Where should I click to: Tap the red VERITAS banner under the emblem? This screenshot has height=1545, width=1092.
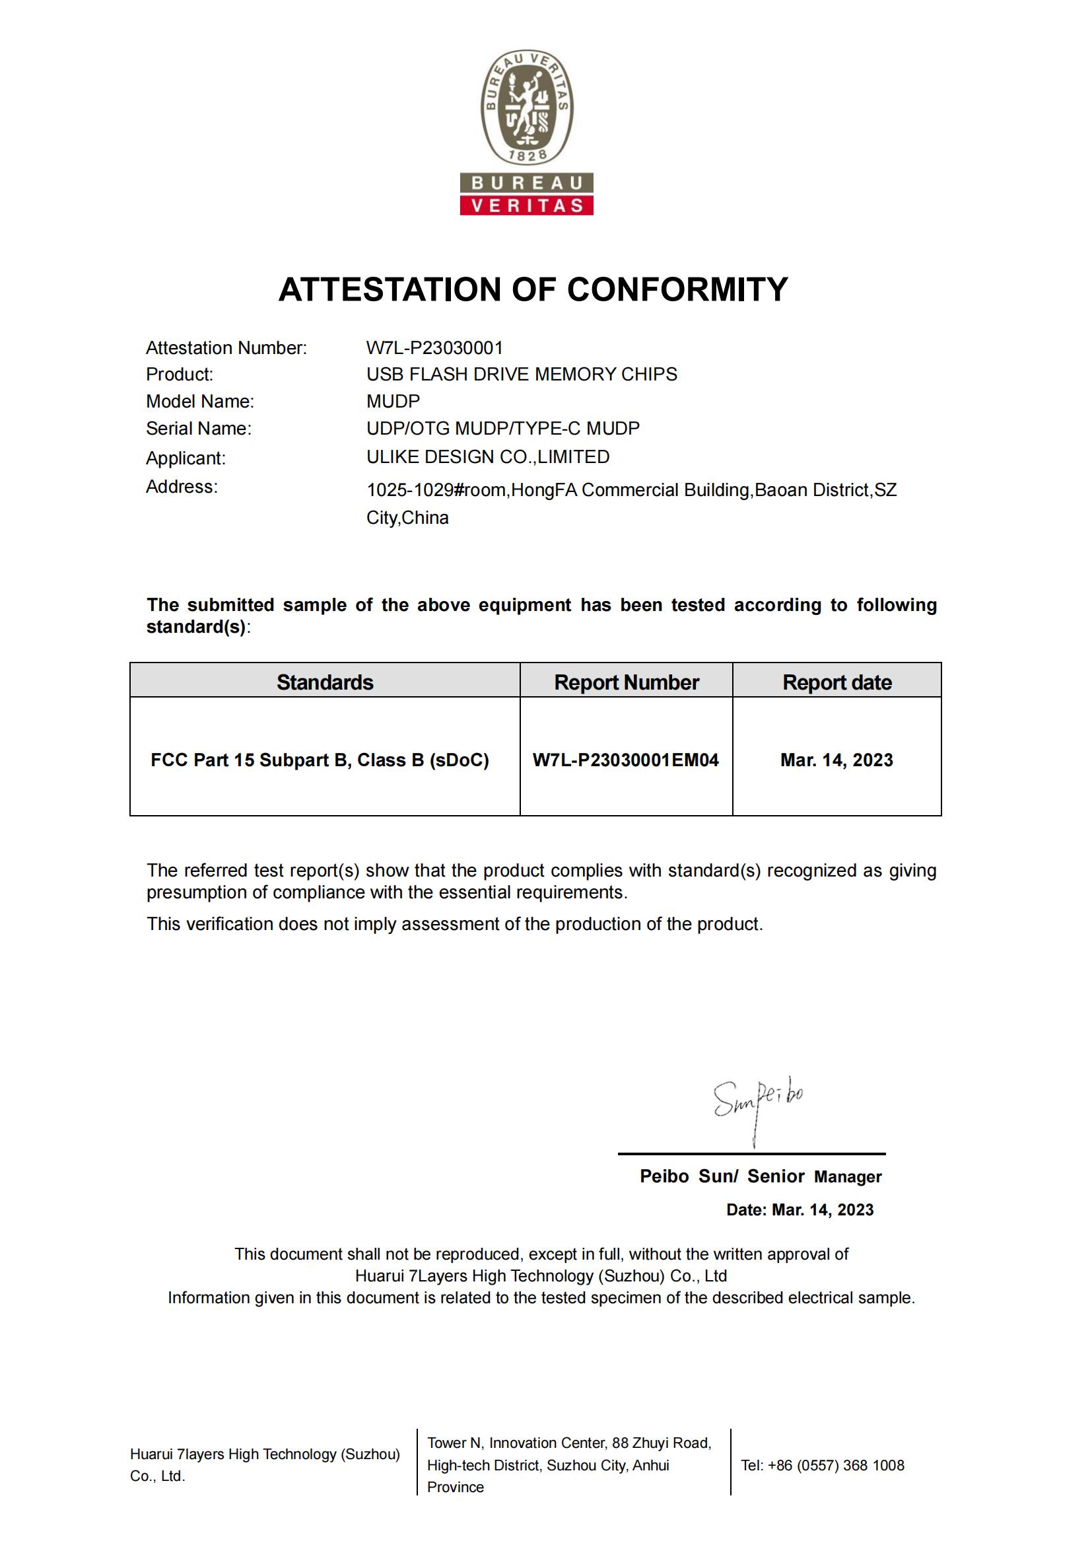click(x=526, y=205)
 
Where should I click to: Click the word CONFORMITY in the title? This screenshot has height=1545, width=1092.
click(x=677, y=289)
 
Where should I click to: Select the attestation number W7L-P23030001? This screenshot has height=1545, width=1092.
click(x=434, y=348)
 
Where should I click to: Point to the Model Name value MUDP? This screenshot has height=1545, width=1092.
click(x=393, y=402)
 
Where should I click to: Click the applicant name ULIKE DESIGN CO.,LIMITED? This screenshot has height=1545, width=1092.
click(x=487, y=457)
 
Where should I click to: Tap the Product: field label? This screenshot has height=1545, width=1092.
click(x=180, y=374)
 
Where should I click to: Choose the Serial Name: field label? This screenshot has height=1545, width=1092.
click(x=198, y=429)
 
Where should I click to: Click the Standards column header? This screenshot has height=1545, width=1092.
click(x=325, y=682)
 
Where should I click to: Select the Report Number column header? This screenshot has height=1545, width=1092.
click(x=626, y=682)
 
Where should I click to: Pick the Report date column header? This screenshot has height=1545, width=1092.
click(x=836, y=682)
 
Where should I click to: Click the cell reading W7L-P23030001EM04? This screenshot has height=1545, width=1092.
click(x=625, y=760)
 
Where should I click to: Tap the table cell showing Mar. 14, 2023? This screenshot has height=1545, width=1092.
click(x=836, y=760)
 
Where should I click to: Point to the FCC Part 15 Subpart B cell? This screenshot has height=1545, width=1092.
click(x=320, y=760)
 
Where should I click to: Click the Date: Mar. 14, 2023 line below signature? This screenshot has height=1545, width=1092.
click(x=800, y=1210)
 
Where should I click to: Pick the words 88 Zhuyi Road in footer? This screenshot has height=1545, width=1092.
click(x=662, y=1443)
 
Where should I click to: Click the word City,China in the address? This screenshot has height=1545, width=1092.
click(x=407, y=518)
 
